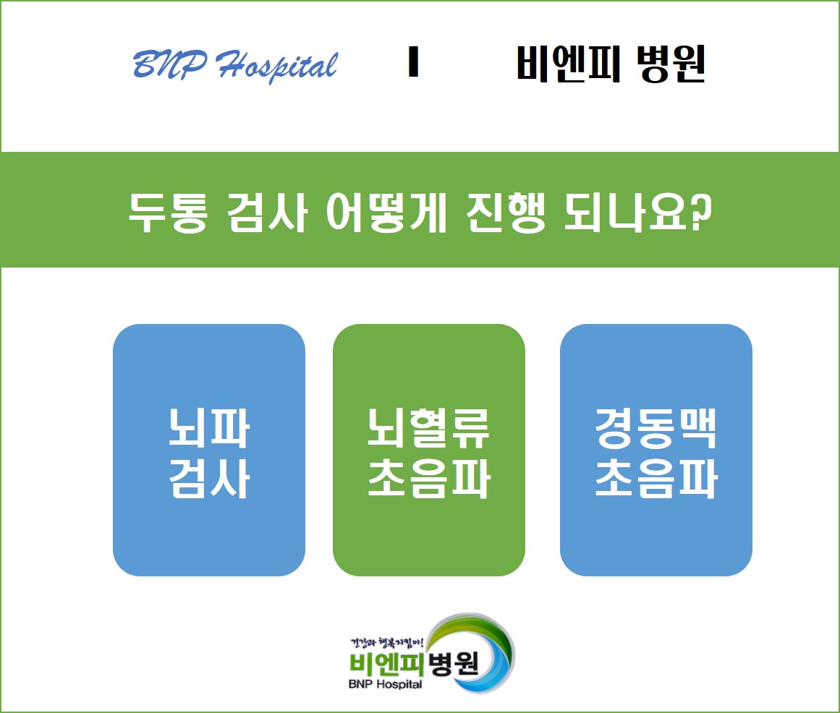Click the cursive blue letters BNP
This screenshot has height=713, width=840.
coord(170,64)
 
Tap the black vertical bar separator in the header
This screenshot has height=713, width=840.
coord(413,61)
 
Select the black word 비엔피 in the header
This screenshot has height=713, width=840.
coord(569,64)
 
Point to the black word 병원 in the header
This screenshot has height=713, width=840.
coord(671,64)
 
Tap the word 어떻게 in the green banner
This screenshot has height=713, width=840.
coord(386,213)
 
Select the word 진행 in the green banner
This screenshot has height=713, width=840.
coord(506,213)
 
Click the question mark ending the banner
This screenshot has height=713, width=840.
coord(701,211)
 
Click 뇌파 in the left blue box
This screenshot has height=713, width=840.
coord(209,427)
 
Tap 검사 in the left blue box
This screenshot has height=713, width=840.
coord(209,478)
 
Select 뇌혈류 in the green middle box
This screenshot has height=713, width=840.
coord(428,427)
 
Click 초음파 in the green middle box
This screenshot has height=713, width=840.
coord(429,478)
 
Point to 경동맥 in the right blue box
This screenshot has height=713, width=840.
coord(656,427)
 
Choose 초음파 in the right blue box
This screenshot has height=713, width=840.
coord(656,478)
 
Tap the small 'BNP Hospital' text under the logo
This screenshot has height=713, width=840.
coord(385,684)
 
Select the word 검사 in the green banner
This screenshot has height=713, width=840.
coord(267,213)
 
